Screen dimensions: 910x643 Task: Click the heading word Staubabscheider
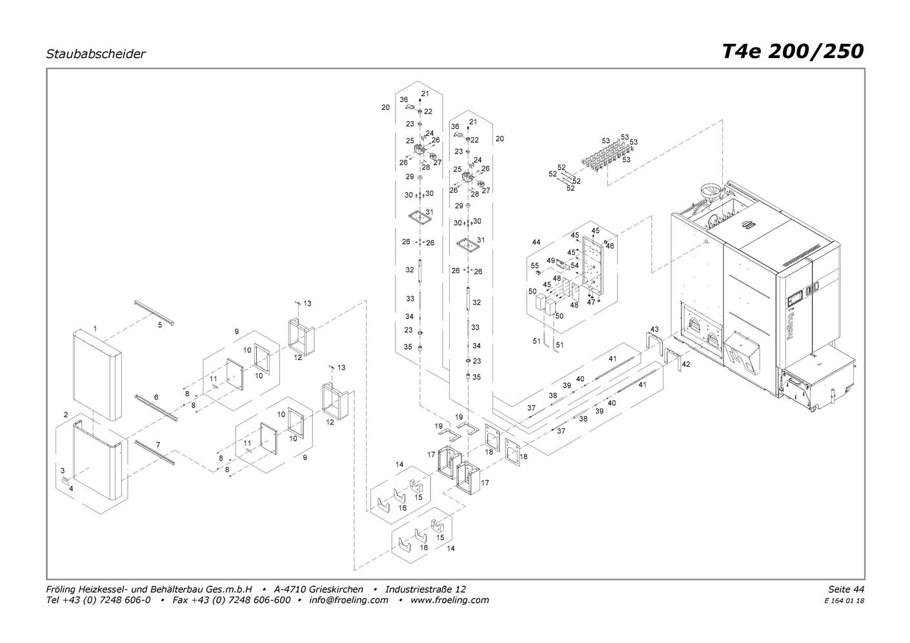tap(96, 54)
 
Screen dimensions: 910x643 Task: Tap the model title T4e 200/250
tap(793, 52)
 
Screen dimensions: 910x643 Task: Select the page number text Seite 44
tap(846, 589)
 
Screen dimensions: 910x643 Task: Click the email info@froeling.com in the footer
tap(349, 600)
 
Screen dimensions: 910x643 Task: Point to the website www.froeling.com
tap(450, 600)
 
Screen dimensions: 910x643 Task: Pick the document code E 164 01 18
tap(844, 601)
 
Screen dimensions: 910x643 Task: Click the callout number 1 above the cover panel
tap(95, 328)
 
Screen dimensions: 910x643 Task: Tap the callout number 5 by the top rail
tap(159, 325)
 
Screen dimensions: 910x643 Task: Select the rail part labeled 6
tap(156, 408)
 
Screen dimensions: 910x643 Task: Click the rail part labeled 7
tap(154, 452)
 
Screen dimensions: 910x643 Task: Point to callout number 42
tap(686, 364)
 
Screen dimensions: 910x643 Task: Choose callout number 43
tap(654, 329)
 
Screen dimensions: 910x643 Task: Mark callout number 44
tap(536, 242)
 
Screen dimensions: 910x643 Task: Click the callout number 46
tap(610, 246)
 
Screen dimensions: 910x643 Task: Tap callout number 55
tap(534, 266)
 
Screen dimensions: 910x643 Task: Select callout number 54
tap(574, 265)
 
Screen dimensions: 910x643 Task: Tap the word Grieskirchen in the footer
tap(336, 589)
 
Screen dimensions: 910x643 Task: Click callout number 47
tap(591, 302)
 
